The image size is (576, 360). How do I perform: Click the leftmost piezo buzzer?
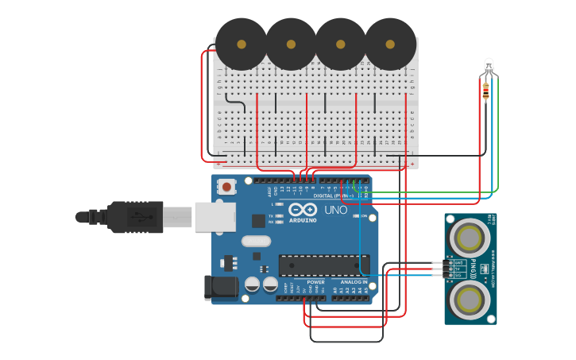point(242,44)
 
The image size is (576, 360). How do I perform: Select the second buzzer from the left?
point(291,44)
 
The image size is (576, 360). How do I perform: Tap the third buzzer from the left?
point(341,44)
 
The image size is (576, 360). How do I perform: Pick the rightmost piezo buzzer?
point(390,44)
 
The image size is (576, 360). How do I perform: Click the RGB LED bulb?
point(488,66)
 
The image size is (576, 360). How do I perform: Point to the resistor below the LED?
point(485,92)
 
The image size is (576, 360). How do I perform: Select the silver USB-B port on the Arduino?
point(215,216)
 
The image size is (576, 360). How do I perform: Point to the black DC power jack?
point(220,288)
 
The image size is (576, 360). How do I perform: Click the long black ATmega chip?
point(323,265)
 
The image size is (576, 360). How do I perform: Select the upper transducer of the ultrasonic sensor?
point(470,237)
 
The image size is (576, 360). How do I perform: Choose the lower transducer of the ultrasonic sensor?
point(470,300)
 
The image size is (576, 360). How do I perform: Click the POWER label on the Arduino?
point(315,282)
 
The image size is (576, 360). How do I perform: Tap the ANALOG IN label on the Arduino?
point(354,282)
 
